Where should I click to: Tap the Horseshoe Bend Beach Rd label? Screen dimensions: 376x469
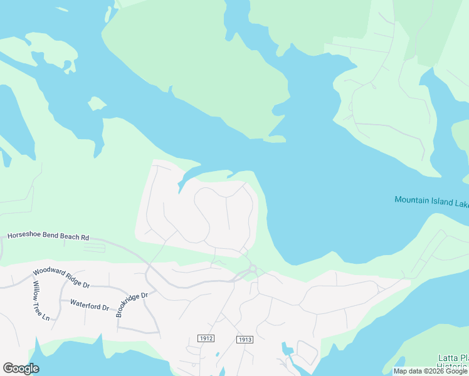pyautogui.click(x=48, y=237)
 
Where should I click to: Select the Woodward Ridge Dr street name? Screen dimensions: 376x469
pyautogui.click(x=61, y=280)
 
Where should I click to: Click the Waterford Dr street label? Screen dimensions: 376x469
pyautogui.click(x=90, y=307)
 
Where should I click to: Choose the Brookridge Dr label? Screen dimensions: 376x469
pyautogui.click(x=132, y=305)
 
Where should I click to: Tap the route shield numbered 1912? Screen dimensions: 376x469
pyautogui.click(x=206, y=338)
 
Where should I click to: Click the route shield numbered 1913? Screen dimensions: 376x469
pyautogui.click(x=245, y=340)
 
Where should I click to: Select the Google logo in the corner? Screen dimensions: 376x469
pyautogui.click(x=21, y=368)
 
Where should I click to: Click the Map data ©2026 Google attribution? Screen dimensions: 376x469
pyautogui.click(x=430, y=371)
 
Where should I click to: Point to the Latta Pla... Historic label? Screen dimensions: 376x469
pyautogui.click(x=453, y=362)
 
